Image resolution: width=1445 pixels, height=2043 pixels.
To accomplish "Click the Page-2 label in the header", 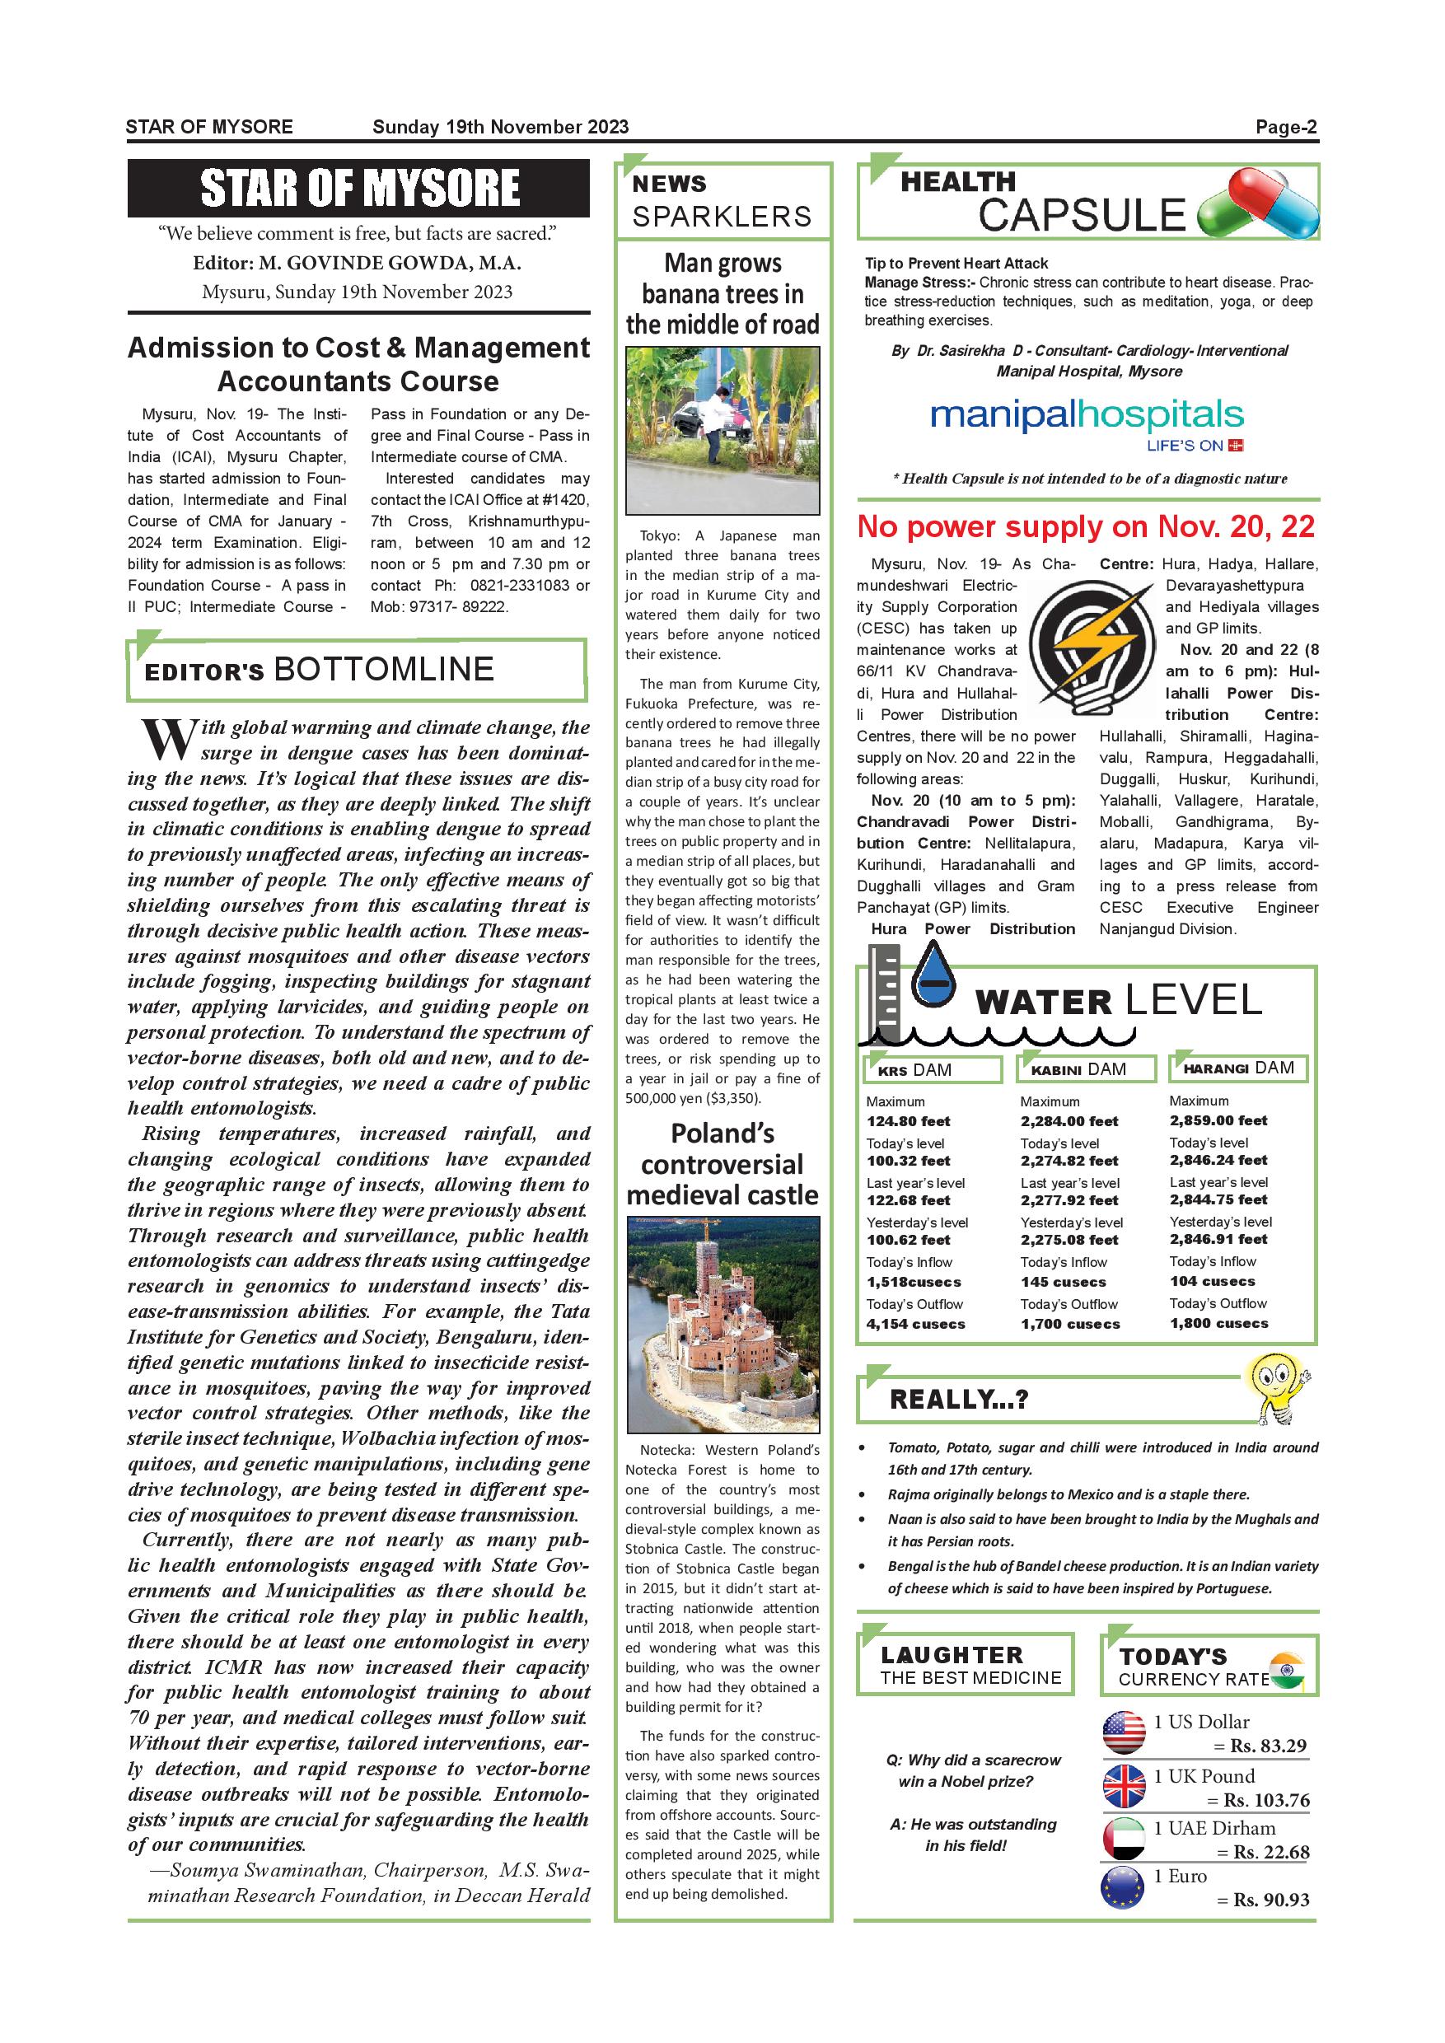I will (x=1285, y=127).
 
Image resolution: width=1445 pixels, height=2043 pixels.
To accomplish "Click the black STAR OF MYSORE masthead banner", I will (x=358, y=188).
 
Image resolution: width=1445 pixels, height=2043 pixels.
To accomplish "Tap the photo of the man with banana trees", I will (x=722, y=431).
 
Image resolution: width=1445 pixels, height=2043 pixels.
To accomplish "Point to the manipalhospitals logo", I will (x=1087, y=422).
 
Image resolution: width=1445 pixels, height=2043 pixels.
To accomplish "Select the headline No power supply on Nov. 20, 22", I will (x=1086, y=526).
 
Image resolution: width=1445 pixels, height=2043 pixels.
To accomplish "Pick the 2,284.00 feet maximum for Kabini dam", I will (x=1069, y=1121).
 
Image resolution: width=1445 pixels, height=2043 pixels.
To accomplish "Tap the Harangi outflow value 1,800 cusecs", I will (x=1218, y=1323).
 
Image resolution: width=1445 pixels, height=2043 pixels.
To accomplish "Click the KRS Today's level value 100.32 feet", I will (x=909, y=1161).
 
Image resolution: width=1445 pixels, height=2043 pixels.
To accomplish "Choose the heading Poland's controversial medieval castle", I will (x=722, y=1164).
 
